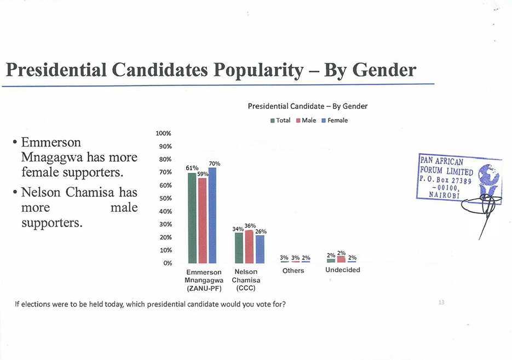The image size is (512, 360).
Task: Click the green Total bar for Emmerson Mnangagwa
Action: coord(192,218)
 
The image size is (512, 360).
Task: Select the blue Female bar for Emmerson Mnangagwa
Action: coord(212,215)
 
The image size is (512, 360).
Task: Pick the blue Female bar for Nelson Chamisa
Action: coord(260,249)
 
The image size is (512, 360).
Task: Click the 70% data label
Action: coord(215,164)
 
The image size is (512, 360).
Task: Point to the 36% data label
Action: coord(250,226)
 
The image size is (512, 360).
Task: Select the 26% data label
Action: coord(261,231)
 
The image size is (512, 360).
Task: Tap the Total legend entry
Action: coord(280,120)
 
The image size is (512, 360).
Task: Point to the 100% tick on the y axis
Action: coord(164,133)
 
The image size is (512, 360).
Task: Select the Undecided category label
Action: coord(343,270)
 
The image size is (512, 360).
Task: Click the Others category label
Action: coord(292,271)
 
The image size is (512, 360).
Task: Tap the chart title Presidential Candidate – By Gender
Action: coord(307,106)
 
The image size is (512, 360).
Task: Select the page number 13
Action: coord(441,302)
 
